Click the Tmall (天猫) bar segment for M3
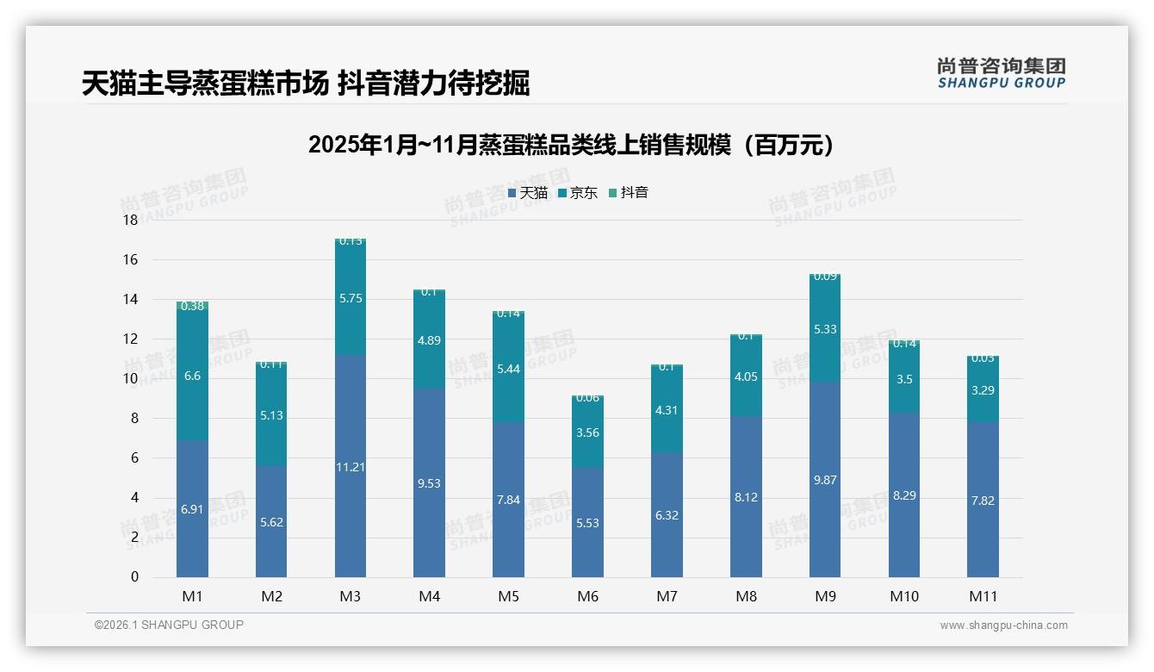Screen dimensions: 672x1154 coord(351,465)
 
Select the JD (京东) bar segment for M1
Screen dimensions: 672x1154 coord(192,375)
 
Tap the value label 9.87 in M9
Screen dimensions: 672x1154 coord(825,480)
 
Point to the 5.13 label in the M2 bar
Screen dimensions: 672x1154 coord(271,415)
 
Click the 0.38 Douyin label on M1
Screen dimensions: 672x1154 coord(192,306)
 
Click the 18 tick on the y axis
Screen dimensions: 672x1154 coord(130,221)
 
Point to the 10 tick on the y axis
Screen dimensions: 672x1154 coord(130,379)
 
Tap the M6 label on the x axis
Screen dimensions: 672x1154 coord(588,596)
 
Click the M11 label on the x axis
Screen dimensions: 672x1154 coord(983,596)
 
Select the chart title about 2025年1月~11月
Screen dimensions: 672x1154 coord(571,145)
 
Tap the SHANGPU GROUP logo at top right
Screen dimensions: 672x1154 coord(1001,73)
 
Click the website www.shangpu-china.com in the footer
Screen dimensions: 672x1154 coord(1003,625)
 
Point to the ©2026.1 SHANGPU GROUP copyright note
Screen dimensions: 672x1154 coord(169,625)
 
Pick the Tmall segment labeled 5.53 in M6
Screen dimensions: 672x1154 coord(587,522)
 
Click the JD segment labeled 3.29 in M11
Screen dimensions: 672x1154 coord(983,390)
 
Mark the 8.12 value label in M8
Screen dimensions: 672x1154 coord(746,497)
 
